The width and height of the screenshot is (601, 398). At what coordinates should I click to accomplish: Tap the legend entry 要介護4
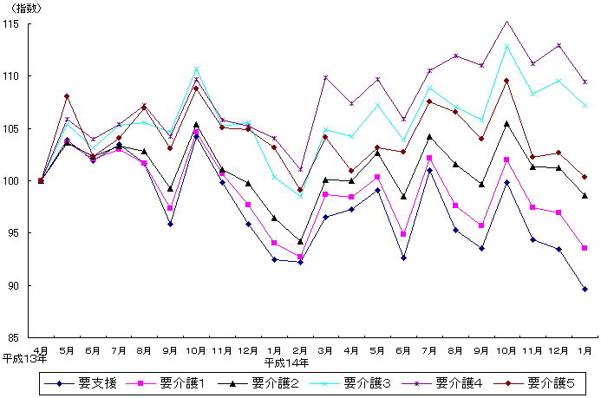458,382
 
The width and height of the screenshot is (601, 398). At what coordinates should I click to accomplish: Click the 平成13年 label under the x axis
24,359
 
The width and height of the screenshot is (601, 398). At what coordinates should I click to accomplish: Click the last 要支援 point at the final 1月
585,289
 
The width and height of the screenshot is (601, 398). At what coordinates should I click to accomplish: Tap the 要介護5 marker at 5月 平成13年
67,96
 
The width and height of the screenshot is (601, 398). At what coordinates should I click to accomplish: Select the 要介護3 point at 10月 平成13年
196,70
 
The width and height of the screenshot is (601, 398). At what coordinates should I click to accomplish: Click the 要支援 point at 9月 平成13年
170,224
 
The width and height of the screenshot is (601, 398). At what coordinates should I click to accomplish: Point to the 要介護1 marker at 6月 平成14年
403,234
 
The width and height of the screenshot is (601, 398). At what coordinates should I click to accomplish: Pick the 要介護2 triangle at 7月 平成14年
429,136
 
